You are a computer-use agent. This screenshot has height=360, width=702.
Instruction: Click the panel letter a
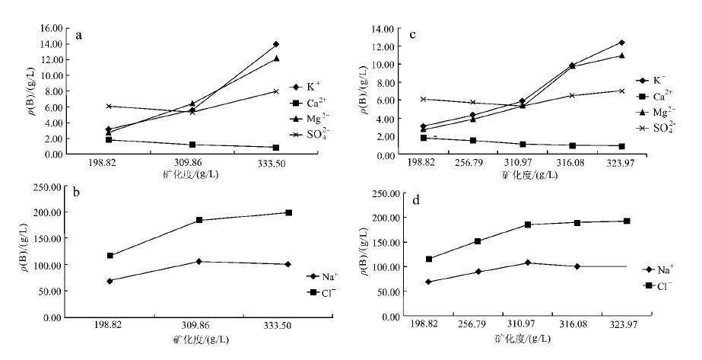[78, 36]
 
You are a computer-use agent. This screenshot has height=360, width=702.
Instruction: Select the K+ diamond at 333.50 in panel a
[275, 44]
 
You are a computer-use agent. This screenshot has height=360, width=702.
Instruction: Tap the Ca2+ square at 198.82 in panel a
[109, 140]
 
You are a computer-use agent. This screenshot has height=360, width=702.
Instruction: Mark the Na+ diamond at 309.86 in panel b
[199, 262]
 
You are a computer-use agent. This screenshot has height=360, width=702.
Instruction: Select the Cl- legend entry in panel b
[322, 292]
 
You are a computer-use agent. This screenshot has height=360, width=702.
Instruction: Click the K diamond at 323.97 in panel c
[621, 43]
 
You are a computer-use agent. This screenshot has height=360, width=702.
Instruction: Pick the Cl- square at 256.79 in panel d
[477, 241]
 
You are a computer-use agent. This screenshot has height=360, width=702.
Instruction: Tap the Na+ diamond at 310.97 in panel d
[527, 263]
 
